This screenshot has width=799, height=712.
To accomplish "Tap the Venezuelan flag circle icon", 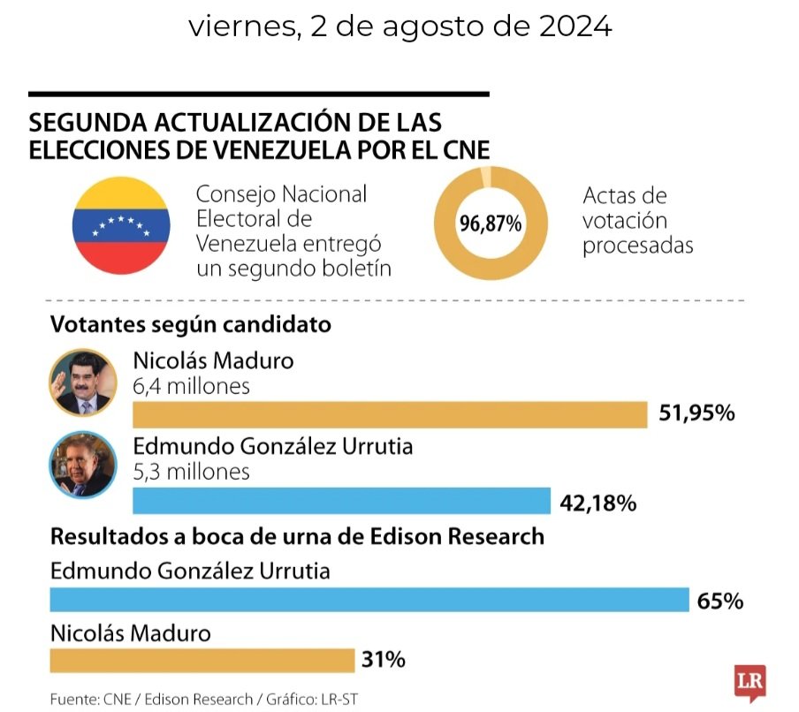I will click(x=121, y=225).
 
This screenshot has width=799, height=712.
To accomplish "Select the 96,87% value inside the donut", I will click(x=490, y=224).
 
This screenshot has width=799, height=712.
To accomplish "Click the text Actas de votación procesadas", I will click(x=636, y=220).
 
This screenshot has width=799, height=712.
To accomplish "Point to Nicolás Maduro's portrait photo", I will click(x=82, y=383).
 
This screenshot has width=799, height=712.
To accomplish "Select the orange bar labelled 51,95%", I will click(x=390, y=414).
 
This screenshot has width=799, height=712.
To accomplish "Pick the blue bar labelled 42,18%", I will click(x=341, y=501).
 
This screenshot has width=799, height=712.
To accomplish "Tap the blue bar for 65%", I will click(x=369, y=600).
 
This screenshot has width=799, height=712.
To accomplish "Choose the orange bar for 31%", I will click(x=202, y=660).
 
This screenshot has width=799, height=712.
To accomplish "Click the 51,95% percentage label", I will click(x=697, y=413).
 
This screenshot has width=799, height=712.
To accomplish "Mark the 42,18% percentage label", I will click(x=598, y=503).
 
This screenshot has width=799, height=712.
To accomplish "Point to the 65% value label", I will click(x=719, y=602).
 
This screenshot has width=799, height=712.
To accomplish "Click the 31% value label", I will click(x=383, y=659).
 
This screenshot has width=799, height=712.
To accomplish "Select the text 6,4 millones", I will click(x=191, y=386).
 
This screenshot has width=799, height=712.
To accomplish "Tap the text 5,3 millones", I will click(x=191, y=472).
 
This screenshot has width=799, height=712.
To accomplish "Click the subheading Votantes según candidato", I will click(x=191, y=325).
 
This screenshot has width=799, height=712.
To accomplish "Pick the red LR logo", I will click(x=749, y=682).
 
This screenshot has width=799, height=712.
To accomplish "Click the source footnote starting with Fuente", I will click(x=203, y=699).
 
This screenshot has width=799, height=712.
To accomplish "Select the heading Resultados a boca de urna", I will click(x=297, y=536).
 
